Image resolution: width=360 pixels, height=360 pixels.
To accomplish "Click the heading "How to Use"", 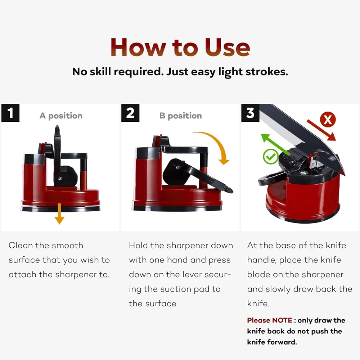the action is (x=180, y=48).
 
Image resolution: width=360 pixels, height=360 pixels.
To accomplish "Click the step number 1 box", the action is (x=10, y=113).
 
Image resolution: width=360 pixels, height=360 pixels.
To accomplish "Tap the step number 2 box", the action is (x=130, y=113).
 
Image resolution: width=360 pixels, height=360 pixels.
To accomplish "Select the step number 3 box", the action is (x=250, y=113).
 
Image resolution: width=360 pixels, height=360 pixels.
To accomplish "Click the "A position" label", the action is (x=61, y=116).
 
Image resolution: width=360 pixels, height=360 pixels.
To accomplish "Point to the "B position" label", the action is (x=180, y=116).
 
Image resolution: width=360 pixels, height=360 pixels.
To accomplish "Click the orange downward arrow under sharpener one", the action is (x=59, y=213).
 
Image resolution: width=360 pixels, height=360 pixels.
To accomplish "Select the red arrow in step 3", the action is (x=321, y=130).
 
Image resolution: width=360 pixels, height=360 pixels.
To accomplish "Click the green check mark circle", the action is (x=271, y=156).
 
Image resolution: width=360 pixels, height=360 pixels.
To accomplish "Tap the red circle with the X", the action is (x=328, y=120).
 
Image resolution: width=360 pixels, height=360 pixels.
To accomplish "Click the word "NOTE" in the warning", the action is (x=282, y=320).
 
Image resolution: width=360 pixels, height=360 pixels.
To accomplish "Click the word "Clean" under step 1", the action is (x=21, y=246).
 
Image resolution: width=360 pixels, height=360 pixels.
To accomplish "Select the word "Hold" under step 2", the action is (x=138, y=246).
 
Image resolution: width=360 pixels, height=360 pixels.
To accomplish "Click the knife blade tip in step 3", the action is (x=345, y=175).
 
